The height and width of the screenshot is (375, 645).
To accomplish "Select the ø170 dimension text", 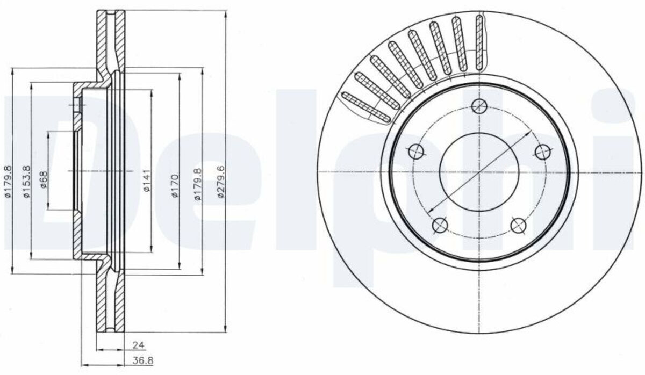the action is tap(175, 186).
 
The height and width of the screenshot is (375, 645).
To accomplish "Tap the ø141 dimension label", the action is tap(147, 181).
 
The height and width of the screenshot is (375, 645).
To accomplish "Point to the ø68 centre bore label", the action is tap(44, 179).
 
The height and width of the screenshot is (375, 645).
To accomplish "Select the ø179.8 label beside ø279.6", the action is tap(198, 184).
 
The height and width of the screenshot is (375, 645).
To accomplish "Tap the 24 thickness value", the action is tap(138, 345).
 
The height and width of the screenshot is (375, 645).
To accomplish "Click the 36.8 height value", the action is tap(143, 360).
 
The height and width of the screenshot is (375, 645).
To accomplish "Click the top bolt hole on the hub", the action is tap(479, 106).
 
